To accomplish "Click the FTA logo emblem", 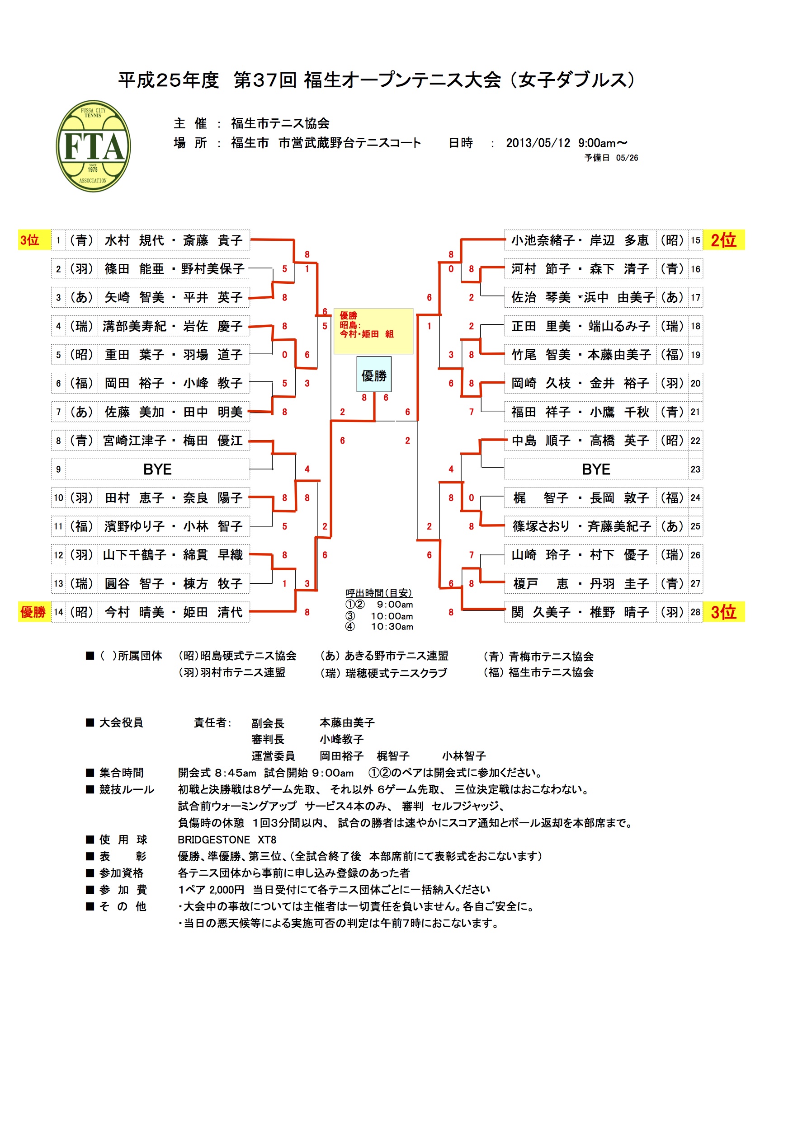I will pos(93,146).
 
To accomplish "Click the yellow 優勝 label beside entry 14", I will pos(33,612).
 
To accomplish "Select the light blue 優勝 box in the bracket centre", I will pos(374,375).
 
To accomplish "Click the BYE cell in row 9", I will pos(157,469).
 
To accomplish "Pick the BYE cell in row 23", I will pos(595,469).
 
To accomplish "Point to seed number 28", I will pos(695,612).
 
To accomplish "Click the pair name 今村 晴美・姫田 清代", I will pos(174,612).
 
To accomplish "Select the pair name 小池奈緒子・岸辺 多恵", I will pos(580,240).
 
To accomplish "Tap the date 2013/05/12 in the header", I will pos(538,143).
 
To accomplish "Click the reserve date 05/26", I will pos(627,158).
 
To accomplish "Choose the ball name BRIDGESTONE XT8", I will pos(227,840).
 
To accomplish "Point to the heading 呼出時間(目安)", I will pos(379,593).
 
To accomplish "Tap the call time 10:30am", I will pos(392,626).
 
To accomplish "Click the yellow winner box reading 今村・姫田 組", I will pos(373,331).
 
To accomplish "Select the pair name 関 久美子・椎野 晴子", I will pos(580,612).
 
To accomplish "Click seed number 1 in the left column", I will pos(58,240).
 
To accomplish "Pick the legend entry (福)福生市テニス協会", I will pos(538,672).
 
